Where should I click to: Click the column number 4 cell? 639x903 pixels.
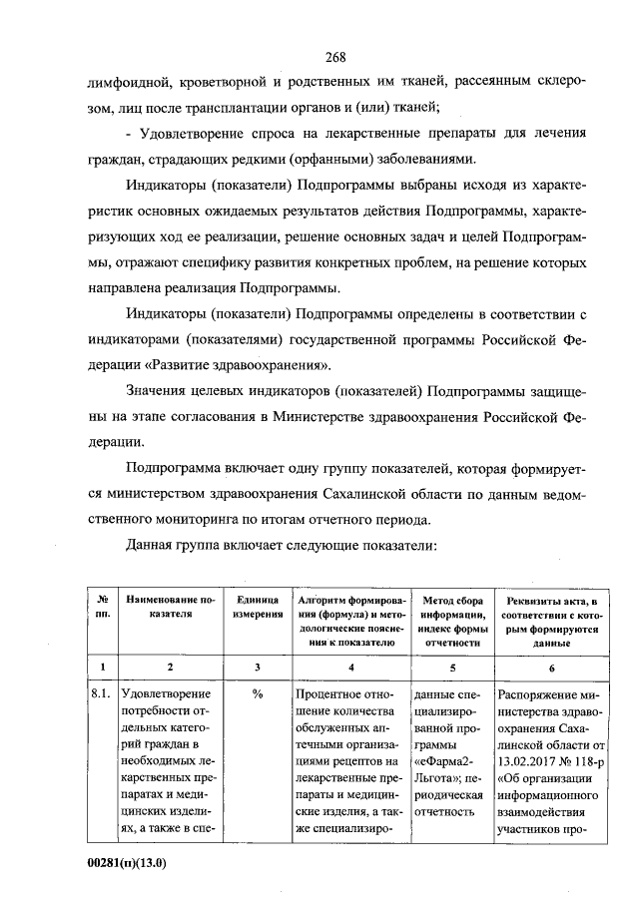tap(350, 666)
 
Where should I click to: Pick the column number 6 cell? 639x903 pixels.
tap(552, 666)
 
